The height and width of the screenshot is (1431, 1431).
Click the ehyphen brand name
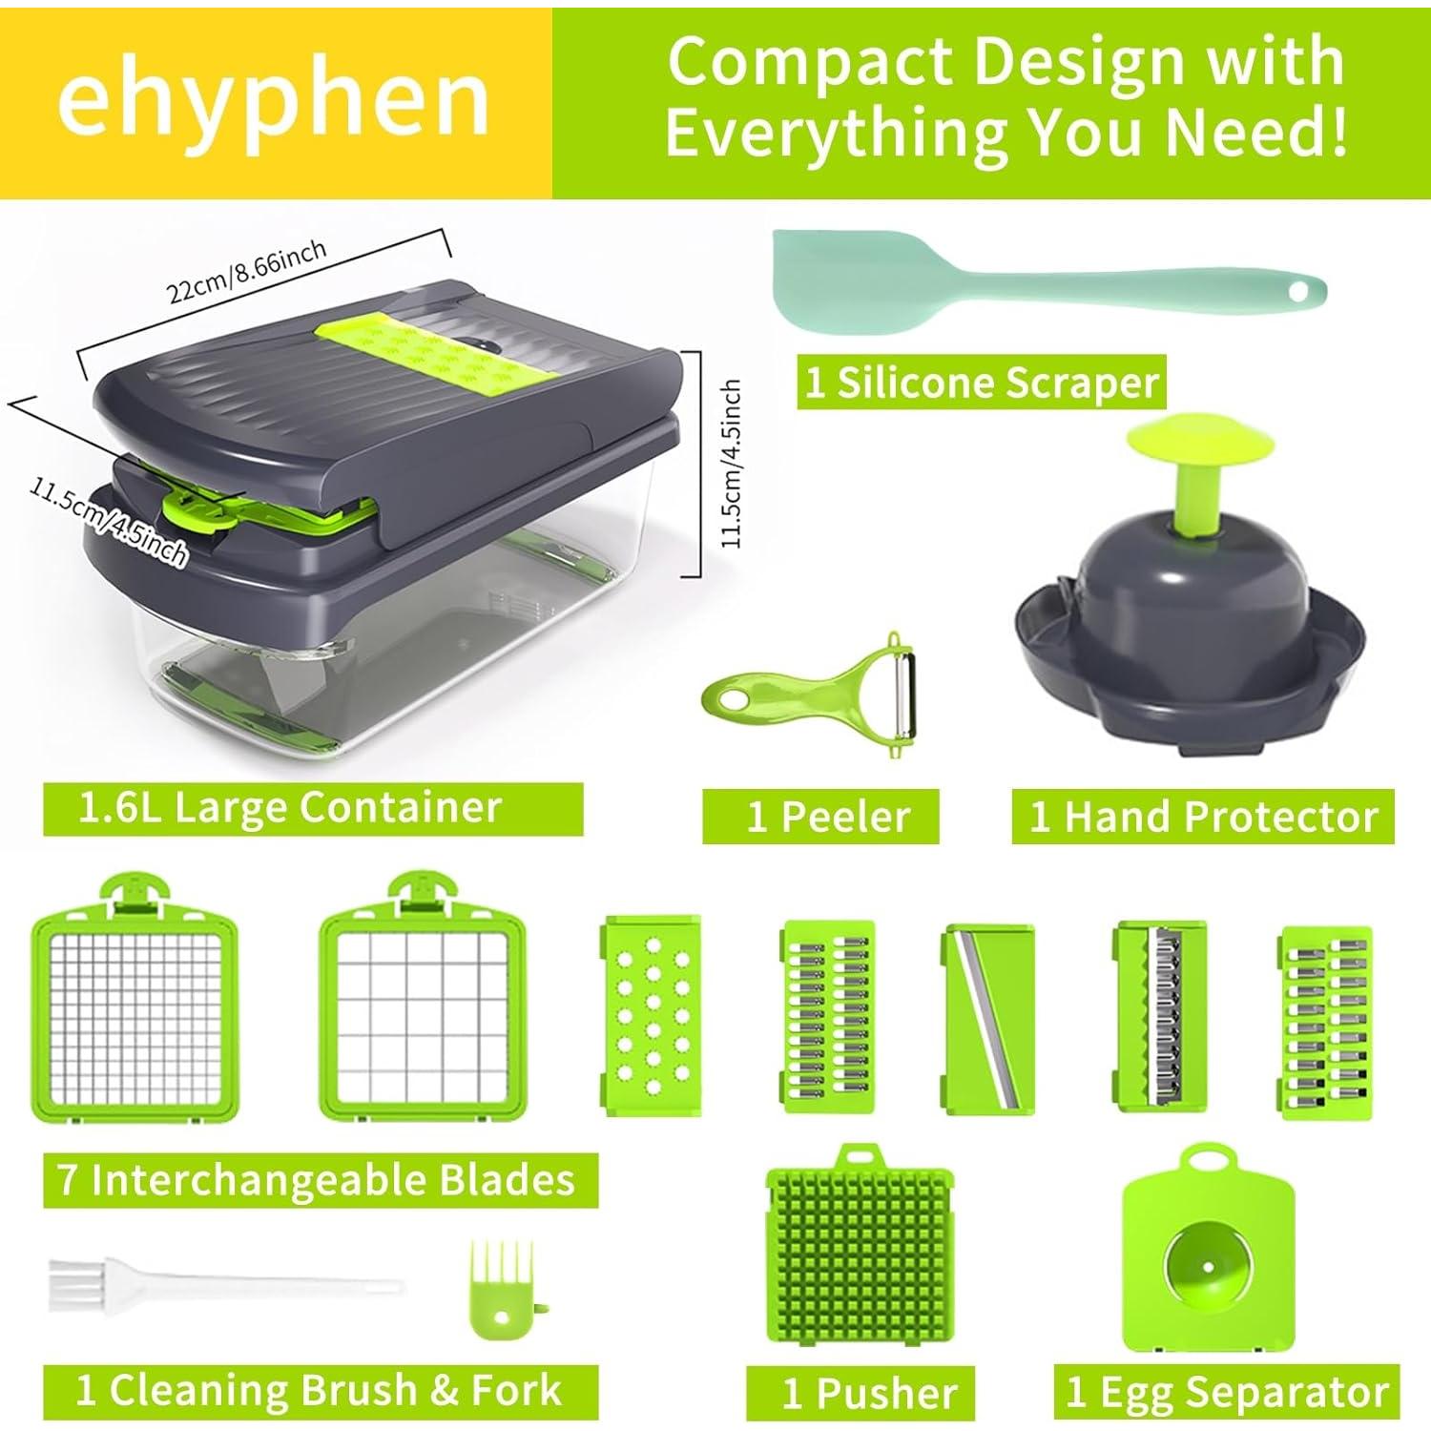click(x=274, y=100)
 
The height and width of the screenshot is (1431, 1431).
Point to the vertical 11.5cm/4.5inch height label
click(x=733, y=464)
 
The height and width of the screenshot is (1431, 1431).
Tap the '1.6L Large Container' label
click(x=291, y=808)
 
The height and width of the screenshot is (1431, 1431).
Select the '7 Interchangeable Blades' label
click(x=318, y=1180)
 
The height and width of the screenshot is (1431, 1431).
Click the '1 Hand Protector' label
click(x=1203, y=818)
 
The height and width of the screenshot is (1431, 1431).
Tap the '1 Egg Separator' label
click(x=1228, y=1393)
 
